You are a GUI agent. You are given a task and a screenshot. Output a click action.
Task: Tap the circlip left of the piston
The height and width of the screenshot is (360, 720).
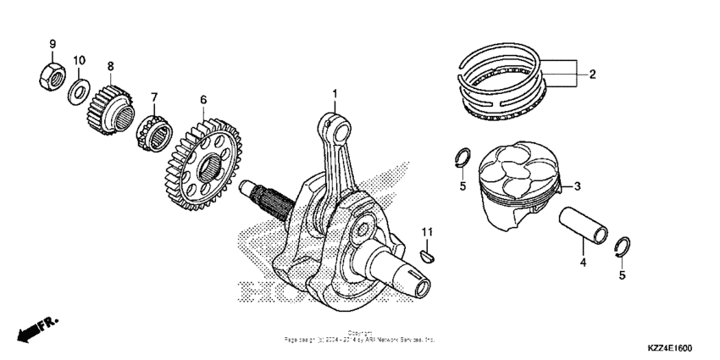(463, 158)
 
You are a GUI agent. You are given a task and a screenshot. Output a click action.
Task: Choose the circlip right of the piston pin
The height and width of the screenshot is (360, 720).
(621, 246)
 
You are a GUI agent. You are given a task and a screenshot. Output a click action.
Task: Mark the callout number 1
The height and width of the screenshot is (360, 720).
(335, 92)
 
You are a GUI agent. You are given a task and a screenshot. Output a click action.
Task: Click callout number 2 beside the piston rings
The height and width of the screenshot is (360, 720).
(592, 75)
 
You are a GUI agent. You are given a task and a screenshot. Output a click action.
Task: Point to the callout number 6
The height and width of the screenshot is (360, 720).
(203, 99)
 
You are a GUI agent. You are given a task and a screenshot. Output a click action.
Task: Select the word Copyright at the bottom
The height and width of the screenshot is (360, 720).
(360, 333)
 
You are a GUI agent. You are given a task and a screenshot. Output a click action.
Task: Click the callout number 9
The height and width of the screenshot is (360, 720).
(52, 43)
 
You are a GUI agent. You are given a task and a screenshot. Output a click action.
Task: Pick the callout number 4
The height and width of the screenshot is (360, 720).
(583, 263)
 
